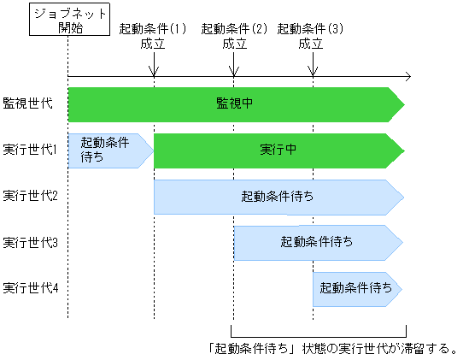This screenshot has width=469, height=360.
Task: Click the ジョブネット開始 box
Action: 67,20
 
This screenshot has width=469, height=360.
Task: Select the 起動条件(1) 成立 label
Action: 153,36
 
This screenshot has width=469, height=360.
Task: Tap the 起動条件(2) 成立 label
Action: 233,36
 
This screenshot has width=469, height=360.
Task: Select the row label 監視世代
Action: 28,103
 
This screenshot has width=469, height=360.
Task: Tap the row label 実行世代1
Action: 31,149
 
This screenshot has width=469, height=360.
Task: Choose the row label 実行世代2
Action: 31,195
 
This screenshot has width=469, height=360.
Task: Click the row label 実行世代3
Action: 31,242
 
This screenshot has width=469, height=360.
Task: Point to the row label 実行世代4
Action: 31,288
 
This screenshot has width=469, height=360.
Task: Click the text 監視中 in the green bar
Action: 235,103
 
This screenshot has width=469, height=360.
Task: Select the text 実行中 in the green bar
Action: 278,149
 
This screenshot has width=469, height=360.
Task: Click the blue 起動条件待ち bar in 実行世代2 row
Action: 278,196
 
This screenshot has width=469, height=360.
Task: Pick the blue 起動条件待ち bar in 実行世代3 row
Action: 317,242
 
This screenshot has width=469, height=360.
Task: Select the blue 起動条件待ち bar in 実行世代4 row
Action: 356,288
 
